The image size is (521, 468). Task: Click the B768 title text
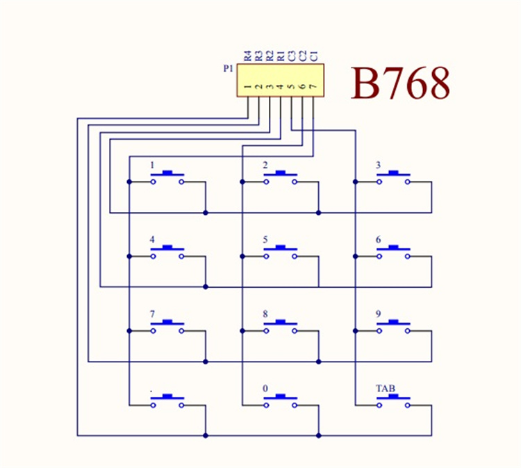click(400, 84)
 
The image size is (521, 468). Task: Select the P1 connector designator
click(229, 68)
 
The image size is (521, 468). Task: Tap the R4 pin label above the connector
click(247, 56)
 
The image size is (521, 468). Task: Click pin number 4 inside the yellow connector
click(281, 88)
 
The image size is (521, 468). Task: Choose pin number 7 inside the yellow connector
click(313, 88)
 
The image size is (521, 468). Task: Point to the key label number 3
click(378, 166)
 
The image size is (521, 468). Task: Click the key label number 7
click(152, 314)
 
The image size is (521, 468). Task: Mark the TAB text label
click(386, 388)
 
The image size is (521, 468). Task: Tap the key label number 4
click(152, 240)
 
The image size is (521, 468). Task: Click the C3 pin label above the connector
click(291, 56)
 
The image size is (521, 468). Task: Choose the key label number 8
click(265, 314)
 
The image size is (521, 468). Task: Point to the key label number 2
click(265, 166)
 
